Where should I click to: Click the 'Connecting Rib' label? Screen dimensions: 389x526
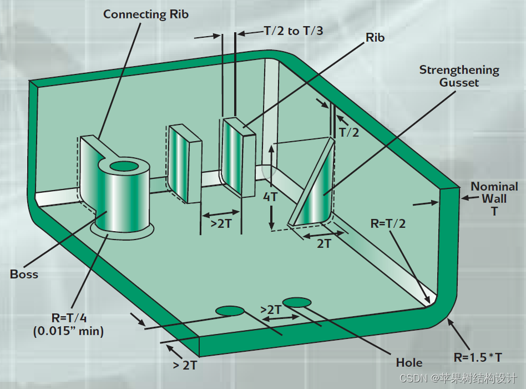pos(146,14)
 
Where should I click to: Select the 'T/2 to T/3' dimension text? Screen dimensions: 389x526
pos(292,31)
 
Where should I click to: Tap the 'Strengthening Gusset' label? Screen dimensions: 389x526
pos(459,76)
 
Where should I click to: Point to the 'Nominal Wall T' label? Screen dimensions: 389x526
pos(494,198)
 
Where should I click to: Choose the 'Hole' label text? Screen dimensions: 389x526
pos(409,363)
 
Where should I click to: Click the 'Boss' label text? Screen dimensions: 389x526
pos(24,274)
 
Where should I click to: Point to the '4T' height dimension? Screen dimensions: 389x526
pos(271,197)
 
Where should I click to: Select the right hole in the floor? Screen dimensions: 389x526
pos(297,302)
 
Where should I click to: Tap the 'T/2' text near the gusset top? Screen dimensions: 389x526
pos(349,132)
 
